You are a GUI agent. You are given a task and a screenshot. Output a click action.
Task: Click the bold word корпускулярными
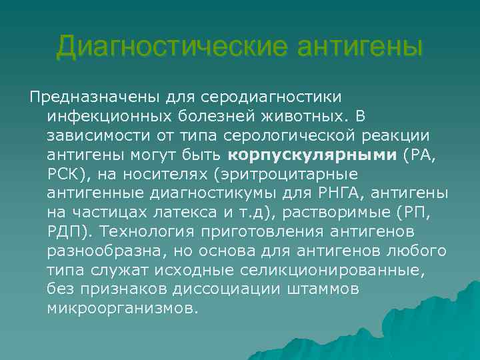313,155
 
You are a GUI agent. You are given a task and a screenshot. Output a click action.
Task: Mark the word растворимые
339,213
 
